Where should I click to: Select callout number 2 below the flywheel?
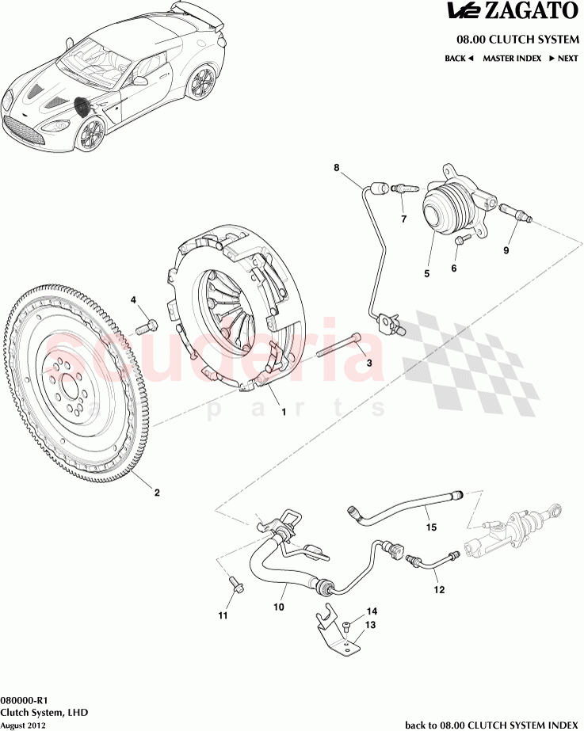157,493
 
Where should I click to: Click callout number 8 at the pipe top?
336,167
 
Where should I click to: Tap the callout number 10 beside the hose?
279,608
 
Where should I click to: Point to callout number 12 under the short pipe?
438,589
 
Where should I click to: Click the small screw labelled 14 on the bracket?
347,626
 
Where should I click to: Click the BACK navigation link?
459,58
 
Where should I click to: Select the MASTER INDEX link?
512,58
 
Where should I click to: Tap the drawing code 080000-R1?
25,700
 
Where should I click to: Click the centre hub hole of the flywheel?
69,388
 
